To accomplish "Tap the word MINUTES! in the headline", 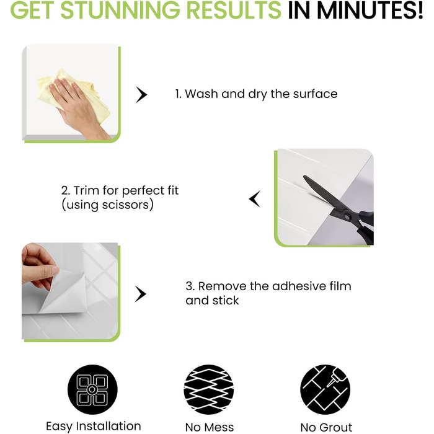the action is tap(370, 10).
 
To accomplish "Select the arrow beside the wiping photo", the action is tap(141, 95).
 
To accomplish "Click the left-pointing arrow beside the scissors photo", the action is tap(255, 199).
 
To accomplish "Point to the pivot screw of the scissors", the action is tap(347, 217).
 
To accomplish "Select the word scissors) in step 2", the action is tap(128, 205).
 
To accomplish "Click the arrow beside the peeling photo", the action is tap(140, 294).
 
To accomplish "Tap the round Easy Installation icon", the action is tap(92, 389).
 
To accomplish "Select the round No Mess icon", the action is tap(209, 389).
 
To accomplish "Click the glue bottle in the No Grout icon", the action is tap(335, 377).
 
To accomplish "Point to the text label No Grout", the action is tap(326, 427).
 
